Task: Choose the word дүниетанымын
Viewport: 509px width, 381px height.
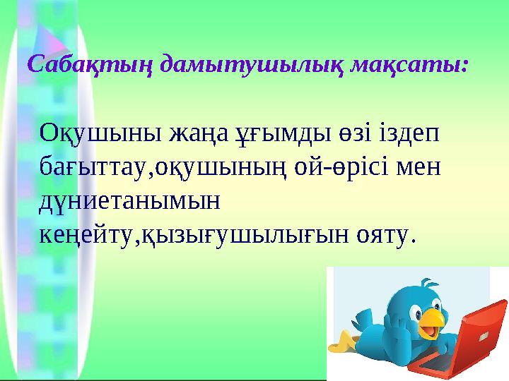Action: tap(129, 202)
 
